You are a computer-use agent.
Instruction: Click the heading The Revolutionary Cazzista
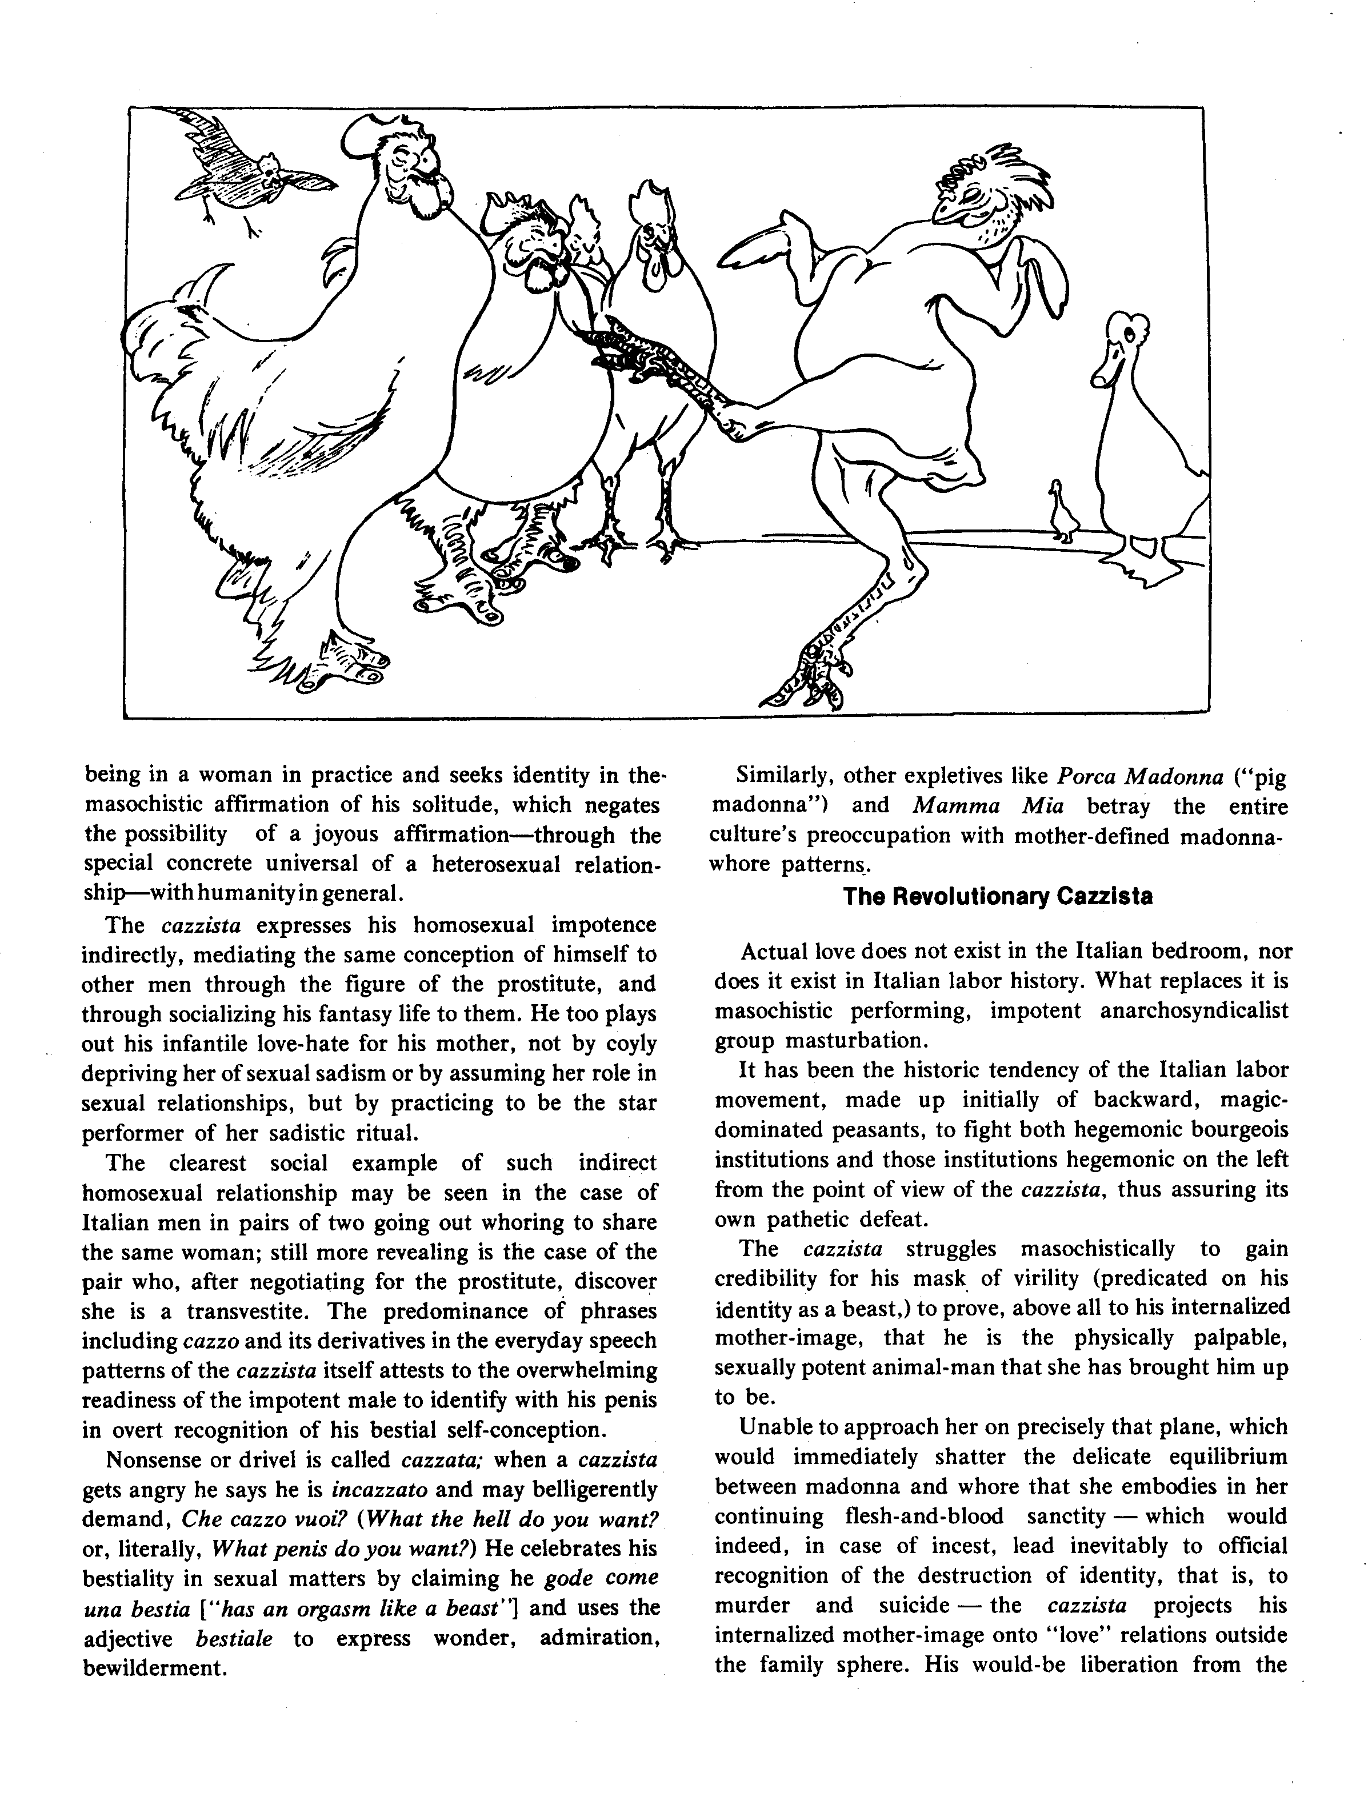point(998,896)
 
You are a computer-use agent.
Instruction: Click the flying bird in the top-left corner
point(245,171)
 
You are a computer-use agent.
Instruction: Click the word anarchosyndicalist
point(1194,1010)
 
